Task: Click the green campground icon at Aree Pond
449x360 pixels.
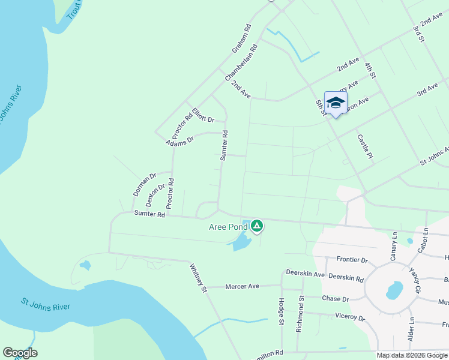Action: pos(257,226)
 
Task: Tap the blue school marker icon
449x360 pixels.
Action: pos(336,103)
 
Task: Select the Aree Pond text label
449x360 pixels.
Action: pos(228,227)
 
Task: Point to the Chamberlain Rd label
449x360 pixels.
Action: pos(241,63)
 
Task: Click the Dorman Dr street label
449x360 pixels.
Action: pos(144,185)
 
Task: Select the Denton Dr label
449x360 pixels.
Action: pos(155,196)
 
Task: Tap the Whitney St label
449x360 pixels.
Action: pos(198,278)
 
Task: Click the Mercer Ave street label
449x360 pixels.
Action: pos(242,286)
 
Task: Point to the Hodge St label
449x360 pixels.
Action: pos(281,313)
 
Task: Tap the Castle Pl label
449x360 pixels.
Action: pos(365,146)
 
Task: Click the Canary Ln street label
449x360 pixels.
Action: pos(394,245)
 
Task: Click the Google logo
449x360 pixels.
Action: pos(20,353)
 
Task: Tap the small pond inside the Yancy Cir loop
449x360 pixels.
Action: pos(394,290)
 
